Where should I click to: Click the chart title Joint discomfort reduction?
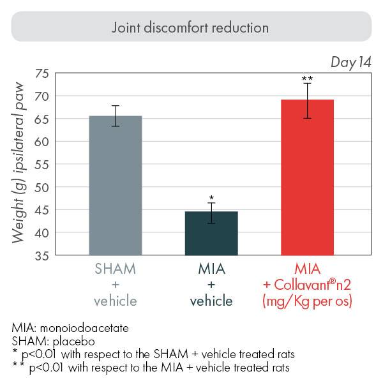coord(190,28)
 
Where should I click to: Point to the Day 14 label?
coord(351,62)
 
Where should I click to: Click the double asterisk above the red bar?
coord(307,79)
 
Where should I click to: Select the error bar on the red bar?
coord(307,100)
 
